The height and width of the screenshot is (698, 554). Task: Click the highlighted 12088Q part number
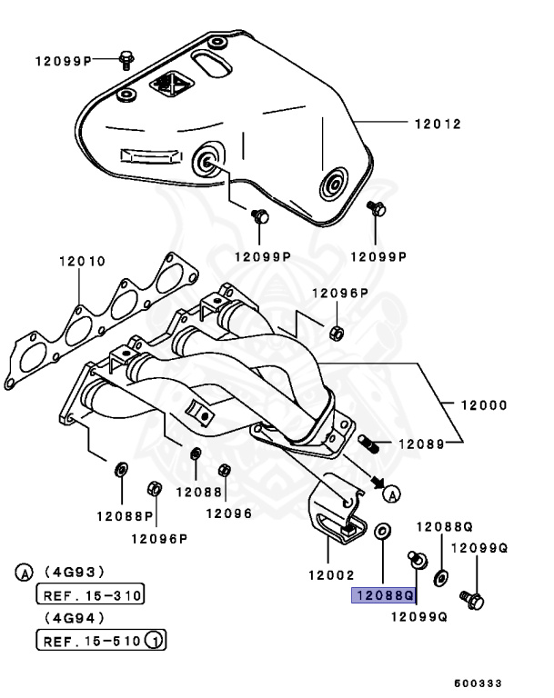point(384,596)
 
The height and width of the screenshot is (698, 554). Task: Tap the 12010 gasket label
point(82,261)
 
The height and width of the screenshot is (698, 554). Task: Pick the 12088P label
point(124,515)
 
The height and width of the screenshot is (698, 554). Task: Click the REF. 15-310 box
point(89,596)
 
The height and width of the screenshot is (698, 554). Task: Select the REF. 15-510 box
point(90,641)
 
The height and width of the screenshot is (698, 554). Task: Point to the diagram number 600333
point(479,682)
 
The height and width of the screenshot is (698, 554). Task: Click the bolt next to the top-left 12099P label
point(126,61)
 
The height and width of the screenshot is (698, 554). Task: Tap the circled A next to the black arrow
point(391,494)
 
